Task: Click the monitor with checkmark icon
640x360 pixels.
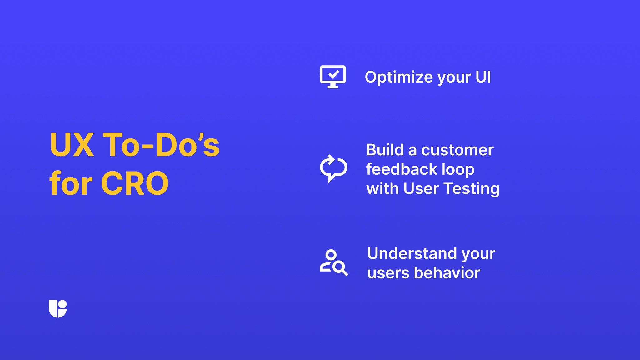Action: [x=333, y=77]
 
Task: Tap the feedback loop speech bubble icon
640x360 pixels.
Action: [x=333, y=168]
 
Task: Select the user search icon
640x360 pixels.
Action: [x=333, y=262]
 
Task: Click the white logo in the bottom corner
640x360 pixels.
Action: [x=58, y=309]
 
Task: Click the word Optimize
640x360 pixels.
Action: [x=399, y=77]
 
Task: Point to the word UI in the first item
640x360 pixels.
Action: [x=483, y=77]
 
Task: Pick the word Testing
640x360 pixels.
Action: [x=472, y=189]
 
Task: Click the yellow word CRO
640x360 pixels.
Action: [x=135, y=183]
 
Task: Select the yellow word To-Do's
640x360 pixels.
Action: [x=161, y=145]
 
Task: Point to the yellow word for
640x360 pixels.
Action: [x=71, y=183]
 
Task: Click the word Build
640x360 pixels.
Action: [x=385, y=150]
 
